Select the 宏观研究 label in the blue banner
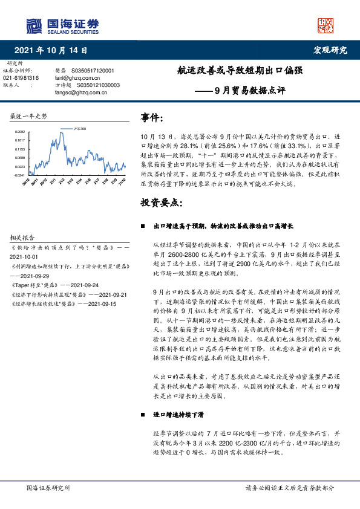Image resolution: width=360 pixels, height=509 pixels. coord(330,50)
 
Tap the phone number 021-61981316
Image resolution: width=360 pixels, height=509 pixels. coord(21,78)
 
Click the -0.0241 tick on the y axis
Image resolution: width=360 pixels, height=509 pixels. coord(19,175)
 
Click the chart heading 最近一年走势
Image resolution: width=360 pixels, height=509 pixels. coord(29,116)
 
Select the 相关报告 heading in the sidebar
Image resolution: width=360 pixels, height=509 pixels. coord(23,238)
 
